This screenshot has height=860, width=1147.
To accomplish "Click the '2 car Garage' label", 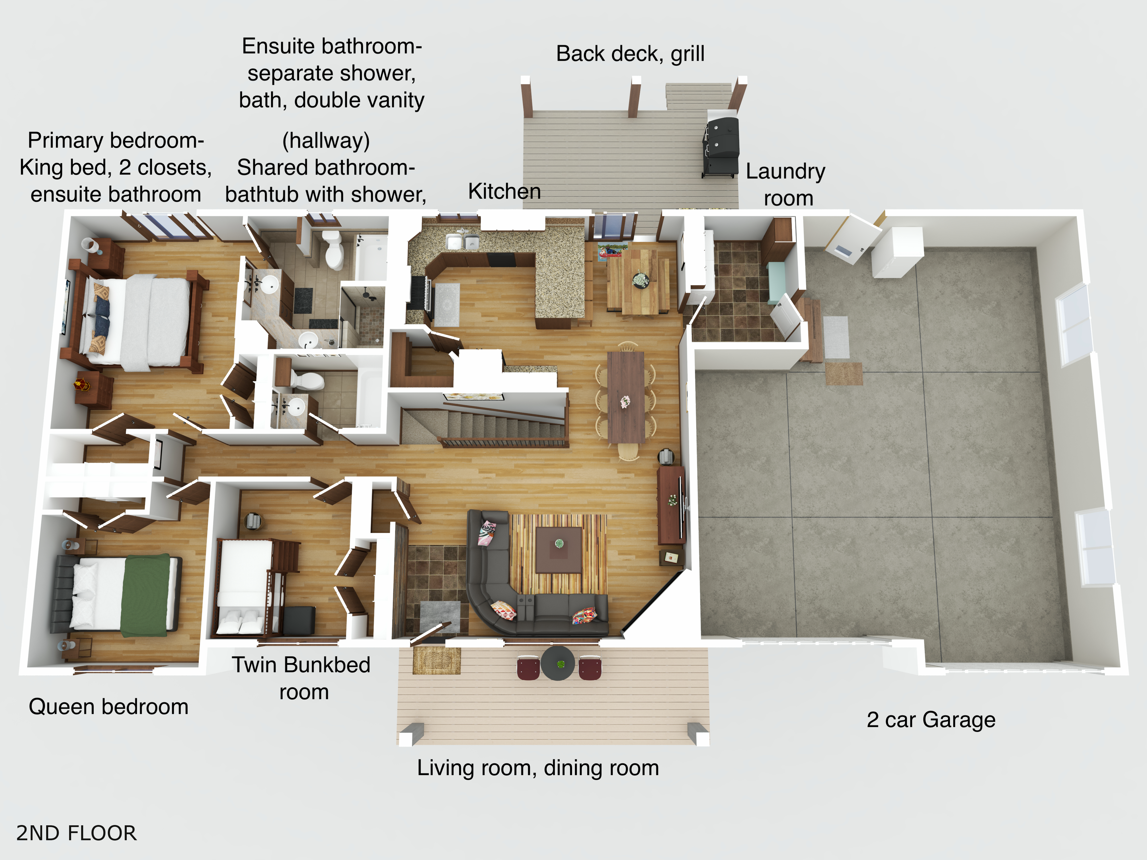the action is tap(931, 720).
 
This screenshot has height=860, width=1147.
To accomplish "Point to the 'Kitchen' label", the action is tap(504, 191).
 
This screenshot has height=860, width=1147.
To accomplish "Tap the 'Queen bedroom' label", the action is tap(108, 707).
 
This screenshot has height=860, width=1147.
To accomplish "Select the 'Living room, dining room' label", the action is tap(538, 768).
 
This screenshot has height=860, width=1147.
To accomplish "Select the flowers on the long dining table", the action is tap(625, 401).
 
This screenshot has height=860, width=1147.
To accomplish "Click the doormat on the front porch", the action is tap(437, 660).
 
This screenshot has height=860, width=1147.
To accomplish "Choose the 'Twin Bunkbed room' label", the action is tap(302, 678).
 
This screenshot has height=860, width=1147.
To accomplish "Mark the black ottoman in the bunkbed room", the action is tap(299, 620).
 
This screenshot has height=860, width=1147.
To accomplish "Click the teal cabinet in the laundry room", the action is tap(776, 283).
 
